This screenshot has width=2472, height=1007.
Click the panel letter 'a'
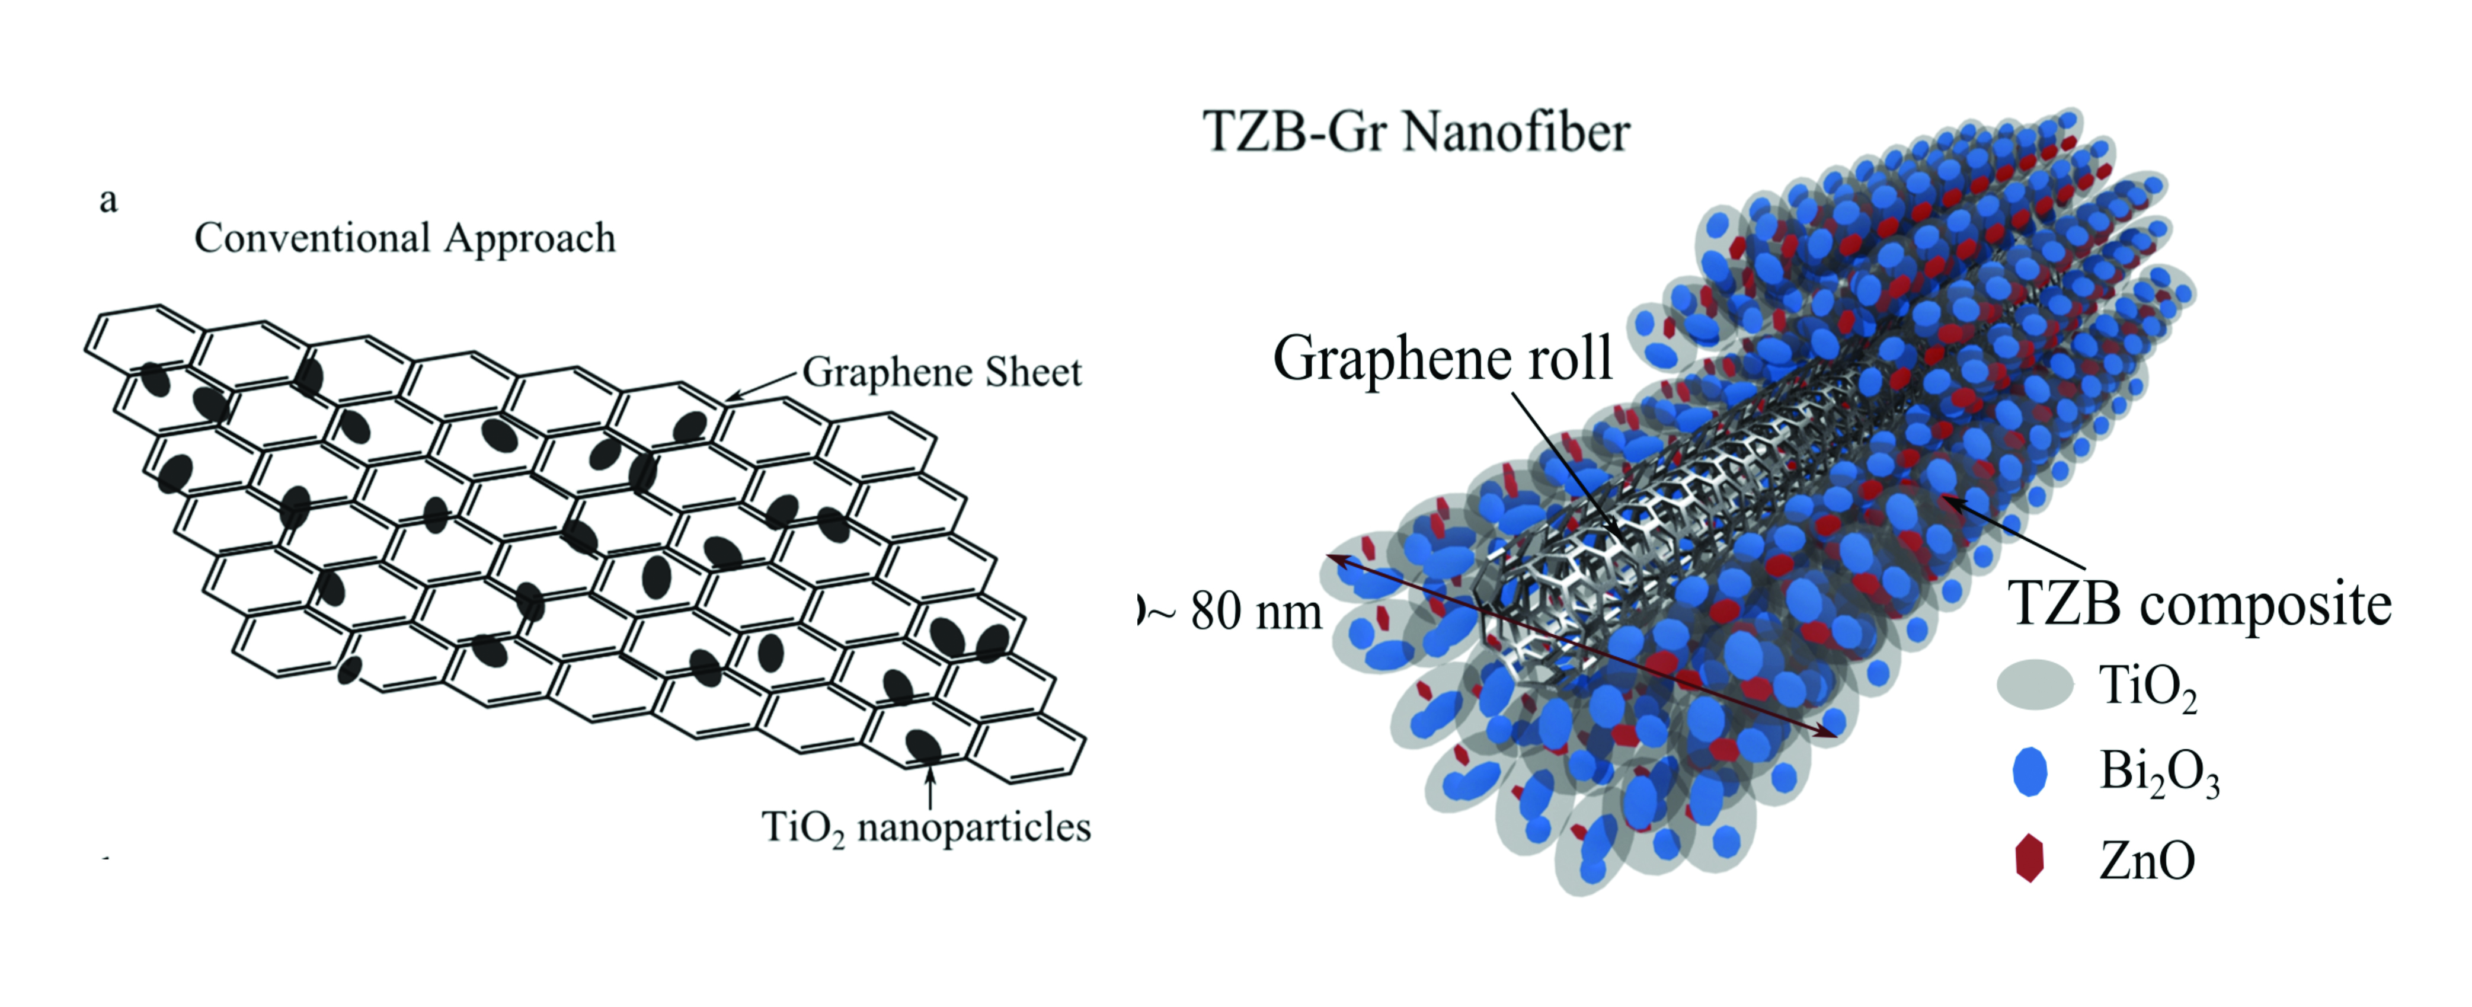tap(108, 201)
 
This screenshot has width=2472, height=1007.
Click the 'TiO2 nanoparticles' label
tap(926, 827)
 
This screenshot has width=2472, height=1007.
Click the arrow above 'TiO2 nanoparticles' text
tap(929, 787)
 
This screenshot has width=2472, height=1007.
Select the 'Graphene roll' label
tap(1443, 358)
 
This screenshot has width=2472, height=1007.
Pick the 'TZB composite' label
tap(2199, 604)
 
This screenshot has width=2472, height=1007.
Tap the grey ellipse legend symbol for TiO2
tap(2035, 685)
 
